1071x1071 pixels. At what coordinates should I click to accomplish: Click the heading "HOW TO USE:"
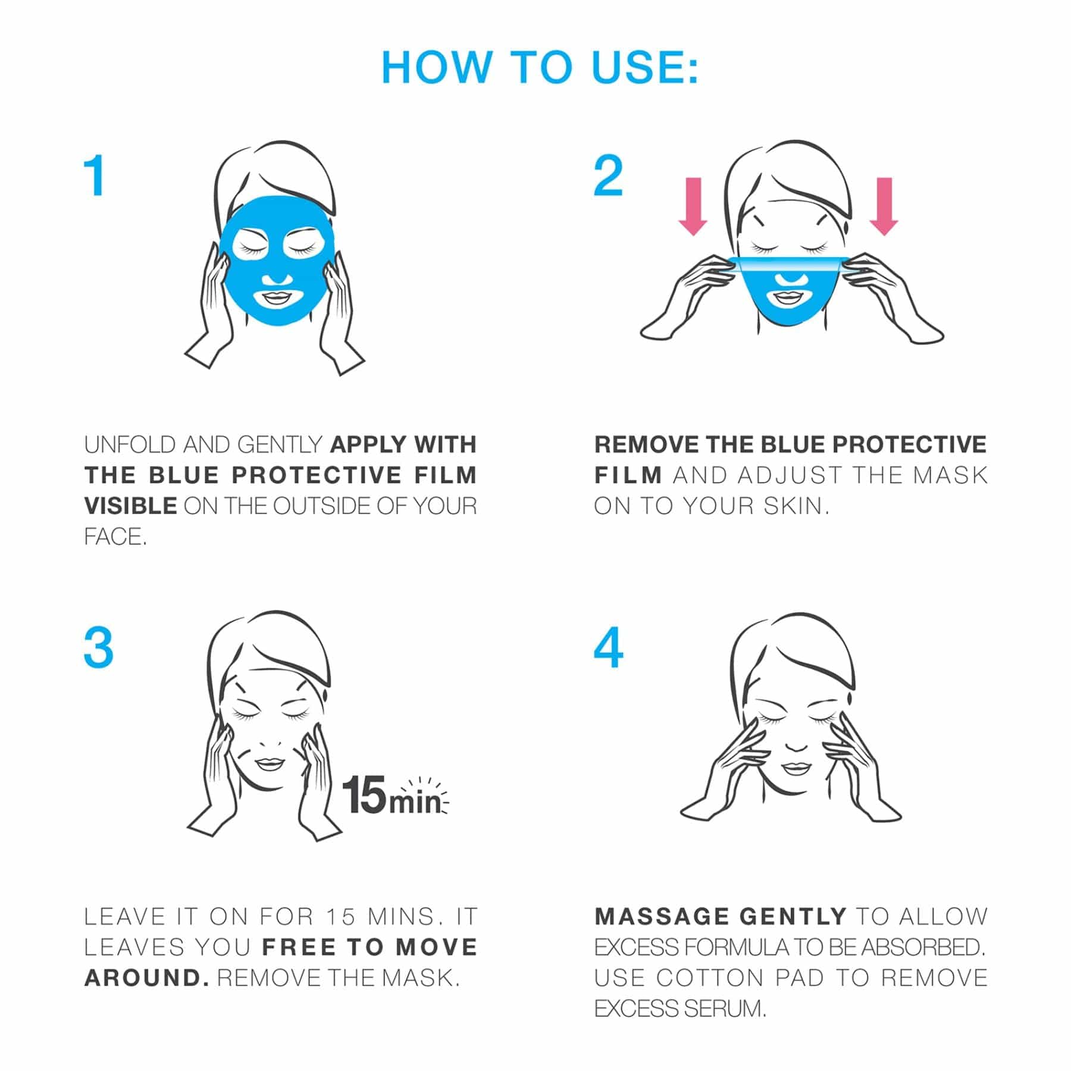tap(540, 67)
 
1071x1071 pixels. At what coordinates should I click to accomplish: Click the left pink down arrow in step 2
tap(693, 206)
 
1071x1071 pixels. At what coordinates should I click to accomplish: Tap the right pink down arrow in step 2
tap(884, 206)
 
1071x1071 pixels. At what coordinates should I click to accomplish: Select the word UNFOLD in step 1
tap(130, 444)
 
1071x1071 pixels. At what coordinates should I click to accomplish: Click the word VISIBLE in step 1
tap(130, 506)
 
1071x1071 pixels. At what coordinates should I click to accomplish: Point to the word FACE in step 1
tap(112, 537)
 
